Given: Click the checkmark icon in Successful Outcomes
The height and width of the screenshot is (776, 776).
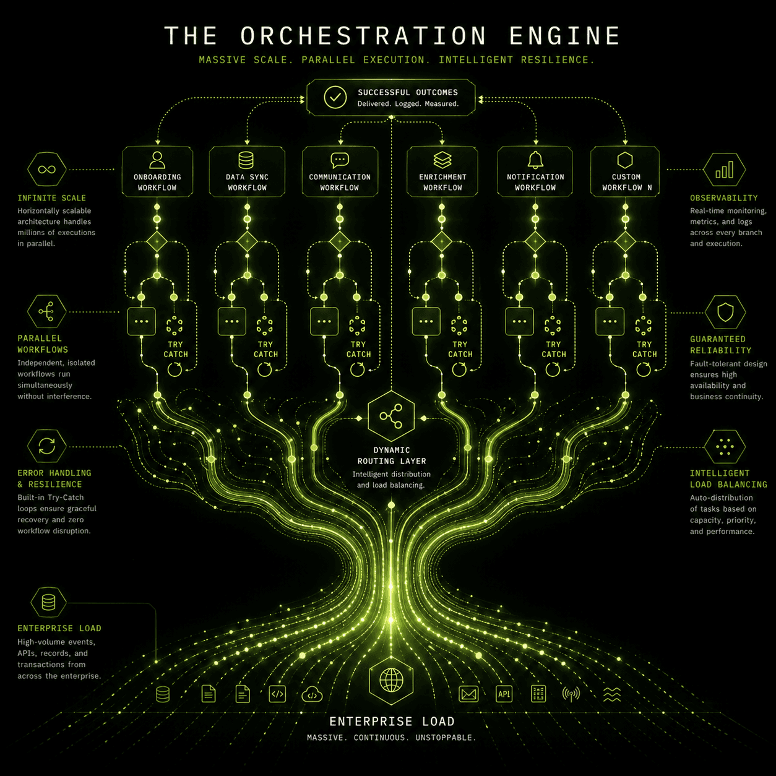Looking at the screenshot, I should tap(335, 97).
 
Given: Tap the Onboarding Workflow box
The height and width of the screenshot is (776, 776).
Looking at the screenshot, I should tap(157, 172).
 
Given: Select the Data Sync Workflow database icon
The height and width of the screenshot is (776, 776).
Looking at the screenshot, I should tap(246, 160).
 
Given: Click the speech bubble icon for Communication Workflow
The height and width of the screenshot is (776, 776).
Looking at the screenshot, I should tap(340, 160).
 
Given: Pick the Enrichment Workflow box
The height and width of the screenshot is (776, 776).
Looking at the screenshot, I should tap(442, 172).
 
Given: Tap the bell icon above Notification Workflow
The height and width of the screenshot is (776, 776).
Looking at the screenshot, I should tap(535, 160).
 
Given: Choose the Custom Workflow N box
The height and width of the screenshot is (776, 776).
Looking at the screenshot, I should tap(625, 172).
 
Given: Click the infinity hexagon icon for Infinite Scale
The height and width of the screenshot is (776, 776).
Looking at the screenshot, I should tap(47, 170).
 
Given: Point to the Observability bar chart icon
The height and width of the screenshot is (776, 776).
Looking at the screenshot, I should tap(725, 170).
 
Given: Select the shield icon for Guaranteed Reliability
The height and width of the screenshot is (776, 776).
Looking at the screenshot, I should tap(725, 312).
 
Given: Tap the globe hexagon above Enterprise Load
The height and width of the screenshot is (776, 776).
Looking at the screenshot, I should tap(391, 681).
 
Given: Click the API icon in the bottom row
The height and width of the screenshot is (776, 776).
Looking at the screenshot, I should tap(504, 694).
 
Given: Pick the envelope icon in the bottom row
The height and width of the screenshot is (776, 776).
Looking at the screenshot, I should tap(468, 694).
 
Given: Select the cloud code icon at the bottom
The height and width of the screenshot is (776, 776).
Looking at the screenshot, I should tap(312, 694).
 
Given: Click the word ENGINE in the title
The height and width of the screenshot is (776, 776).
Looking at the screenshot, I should tap(564, 36).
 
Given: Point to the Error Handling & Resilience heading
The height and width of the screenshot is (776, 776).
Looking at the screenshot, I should tap(54, 478).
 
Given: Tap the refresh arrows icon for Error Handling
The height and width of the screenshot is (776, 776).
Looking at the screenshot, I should tap(47, 446).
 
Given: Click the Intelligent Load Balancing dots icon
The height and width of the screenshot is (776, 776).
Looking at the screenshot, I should tap(725, 447).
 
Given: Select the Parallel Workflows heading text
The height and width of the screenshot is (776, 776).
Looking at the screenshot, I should tap(43, 344).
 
